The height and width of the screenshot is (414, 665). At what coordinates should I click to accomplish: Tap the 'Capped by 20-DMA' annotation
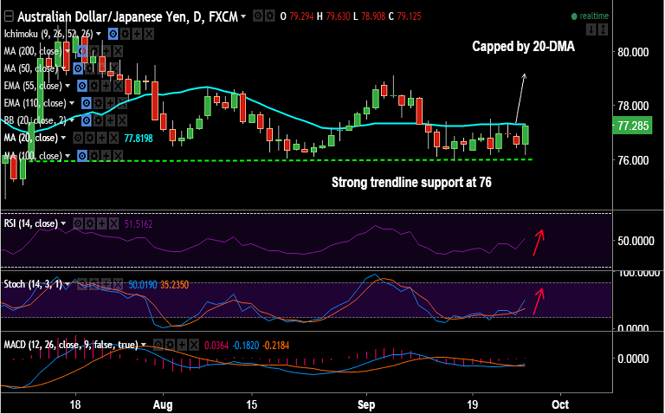pyautogui.click(x=523, y=47)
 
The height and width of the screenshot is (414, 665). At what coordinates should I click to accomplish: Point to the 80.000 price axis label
pyautogui.click(x=632, y=52)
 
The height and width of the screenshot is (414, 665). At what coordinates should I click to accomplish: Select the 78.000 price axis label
pyautogui.click(x=632, y=107)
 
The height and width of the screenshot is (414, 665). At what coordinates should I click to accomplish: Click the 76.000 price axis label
pyautogui.click(x=632, y=160)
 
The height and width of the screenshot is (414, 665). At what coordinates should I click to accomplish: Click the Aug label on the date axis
pyautogui.click(x=163, y=404)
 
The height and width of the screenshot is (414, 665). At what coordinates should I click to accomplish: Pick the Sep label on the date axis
pyautogui.click(x=367, y=404)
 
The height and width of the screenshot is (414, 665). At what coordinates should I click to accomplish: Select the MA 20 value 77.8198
pyautogui.click(x=139, y=138)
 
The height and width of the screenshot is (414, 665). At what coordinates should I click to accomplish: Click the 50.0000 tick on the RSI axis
pyautogui.click(x=635, y=239)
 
